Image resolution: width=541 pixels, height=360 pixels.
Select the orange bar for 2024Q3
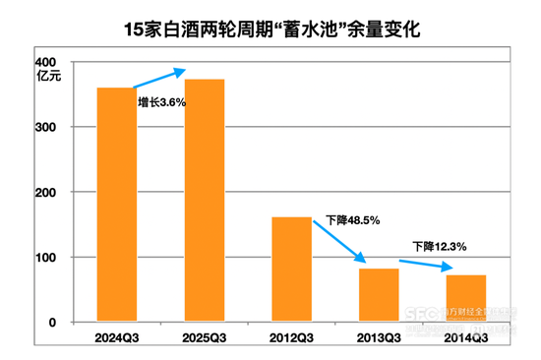pyautogui.click(x=117, y=205)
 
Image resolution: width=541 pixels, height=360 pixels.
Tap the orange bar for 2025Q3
pyautogui.click(x=205, y=201)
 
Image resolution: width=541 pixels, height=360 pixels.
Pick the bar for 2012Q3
pyautogui.click(x=291, y=269)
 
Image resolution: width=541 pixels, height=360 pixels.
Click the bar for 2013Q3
pyautogui.click(x=379, y=294)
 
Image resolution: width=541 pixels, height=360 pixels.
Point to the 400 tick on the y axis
pyautogui.click(x=59, y=63)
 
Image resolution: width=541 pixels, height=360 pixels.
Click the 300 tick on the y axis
pyautogui.click(x=59, y=128)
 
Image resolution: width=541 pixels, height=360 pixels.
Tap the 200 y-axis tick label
pyautogui.click(x=59, y=193)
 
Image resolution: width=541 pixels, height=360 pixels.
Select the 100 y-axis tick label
pyautogui.click(x=59, y=258)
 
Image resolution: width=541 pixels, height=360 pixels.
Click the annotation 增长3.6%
pyautogui.click(x=162, y=101)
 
